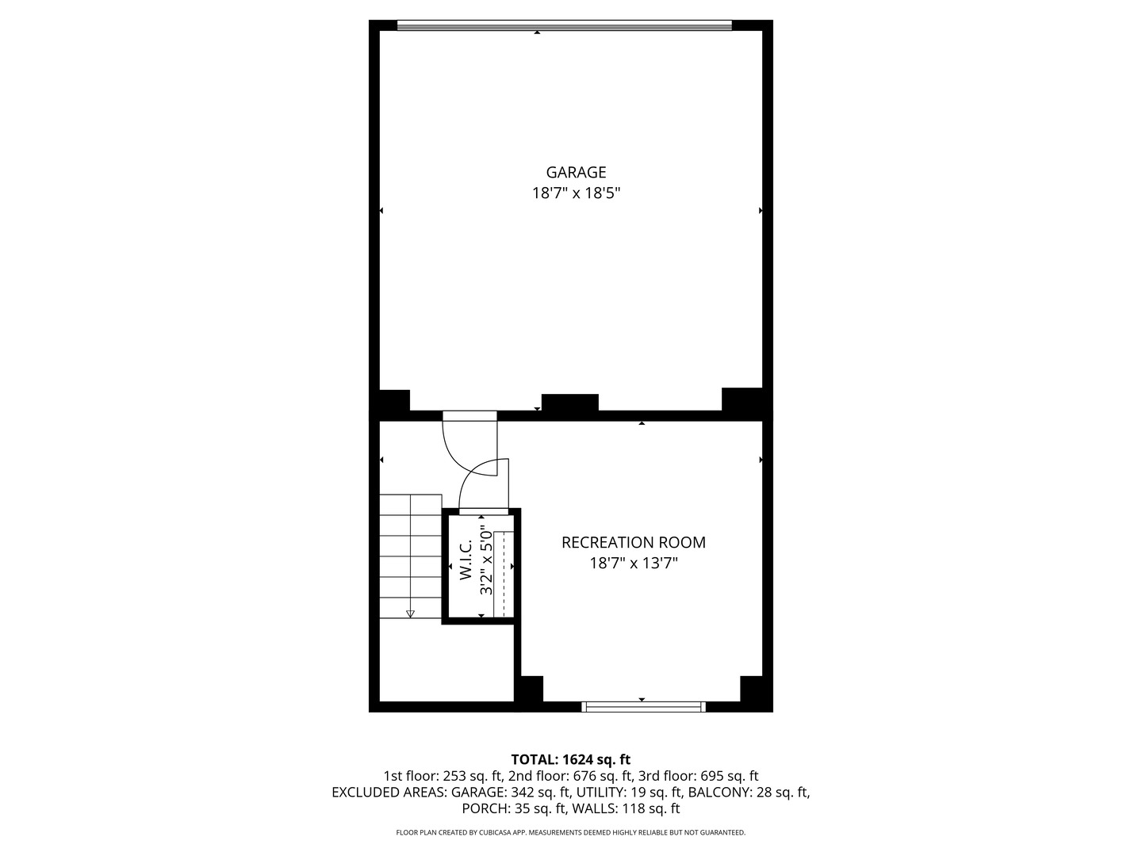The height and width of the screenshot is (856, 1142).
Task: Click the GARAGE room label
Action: point(576,172)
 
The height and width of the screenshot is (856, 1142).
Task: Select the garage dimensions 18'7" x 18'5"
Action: point(576,193)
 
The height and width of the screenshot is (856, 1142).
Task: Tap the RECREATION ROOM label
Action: point(633,542)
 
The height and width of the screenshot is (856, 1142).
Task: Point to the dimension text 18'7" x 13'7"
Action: point(633,564)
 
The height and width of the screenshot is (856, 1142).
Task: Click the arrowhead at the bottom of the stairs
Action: point(410,614)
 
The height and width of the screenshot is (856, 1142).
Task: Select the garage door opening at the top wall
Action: point(564,25)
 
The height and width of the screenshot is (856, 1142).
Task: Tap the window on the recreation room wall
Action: point(643,707)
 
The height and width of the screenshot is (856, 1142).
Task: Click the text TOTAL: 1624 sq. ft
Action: point(571,760)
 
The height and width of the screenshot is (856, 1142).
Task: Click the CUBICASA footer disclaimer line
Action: point(571,832)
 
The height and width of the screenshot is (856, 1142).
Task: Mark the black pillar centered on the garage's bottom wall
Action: point(569,403)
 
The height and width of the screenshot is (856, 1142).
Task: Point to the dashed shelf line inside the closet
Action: point(504,574)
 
